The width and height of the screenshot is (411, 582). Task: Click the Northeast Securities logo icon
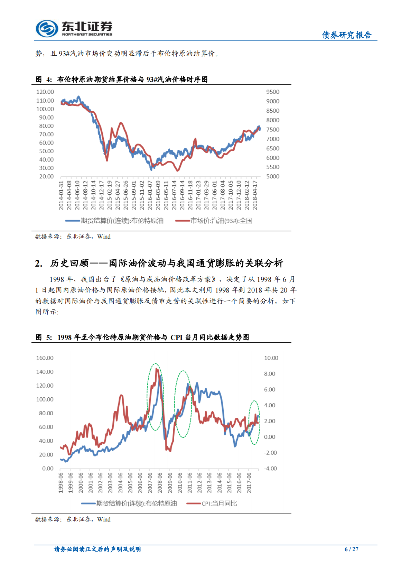(x=47, y=28)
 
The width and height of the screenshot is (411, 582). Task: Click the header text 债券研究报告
(x=346, y=35)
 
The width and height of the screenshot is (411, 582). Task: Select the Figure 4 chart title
(x=122, y=80)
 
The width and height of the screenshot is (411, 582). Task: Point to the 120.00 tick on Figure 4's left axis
(x=45, y=92)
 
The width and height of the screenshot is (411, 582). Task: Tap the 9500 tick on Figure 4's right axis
(x=273, y=92)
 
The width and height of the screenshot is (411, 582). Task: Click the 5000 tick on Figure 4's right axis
(x=273, y=176)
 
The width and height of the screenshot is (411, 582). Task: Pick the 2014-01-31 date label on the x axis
(x=61, y=195)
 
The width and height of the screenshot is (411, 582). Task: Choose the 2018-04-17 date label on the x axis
(x=255, y=195)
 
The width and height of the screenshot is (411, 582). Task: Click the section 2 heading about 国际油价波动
(x=159, y=264)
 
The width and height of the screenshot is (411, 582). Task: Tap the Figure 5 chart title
(x=142, y=337)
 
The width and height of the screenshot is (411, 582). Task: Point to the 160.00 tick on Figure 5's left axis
(x=45, y=358)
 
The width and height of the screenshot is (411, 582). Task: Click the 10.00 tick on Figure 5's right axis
(x=271, y=358)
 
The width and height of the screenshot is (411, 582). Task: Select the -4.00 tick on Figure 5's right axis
(x=270, y=469)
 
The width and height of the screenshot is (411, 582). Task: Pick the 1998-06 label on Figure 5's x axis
(x=61, y=483)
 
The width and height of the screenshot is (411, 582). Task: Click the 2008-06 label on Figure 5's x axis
(x=160, y=483)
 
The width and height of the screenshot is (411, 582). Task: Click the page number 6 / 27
(x=351, y=549)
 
